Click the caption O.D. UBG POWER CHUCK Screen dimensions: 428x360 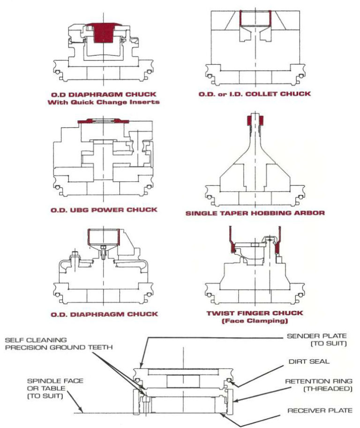pos(104,210)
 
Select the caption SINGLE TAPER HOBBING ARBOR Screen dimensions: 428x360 pos(255,213)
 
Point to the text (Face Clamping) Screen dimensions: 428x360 pos(255,322)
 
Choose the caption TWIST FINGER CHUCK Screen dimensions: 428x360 pos(255,313)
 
